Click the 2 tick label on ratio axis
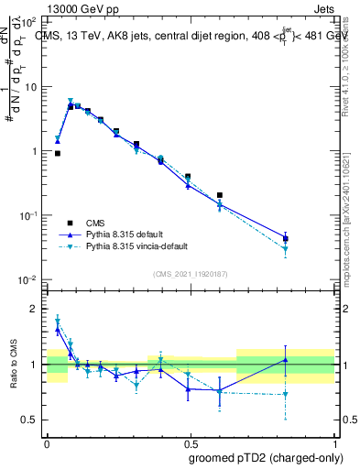(34, 309)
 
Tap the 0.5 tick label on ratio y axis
(30, 420)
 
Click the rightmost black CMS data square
(286, 238)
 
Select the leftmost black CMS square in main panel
(58, 154)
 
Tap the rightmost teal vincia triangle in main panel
(286, 249)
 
